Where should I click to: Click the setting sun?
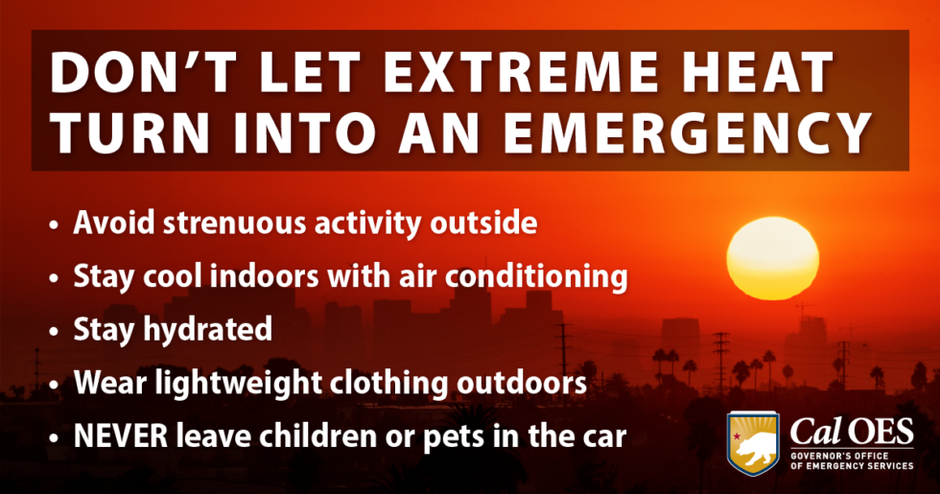pyautogui.click(x=773, y=258)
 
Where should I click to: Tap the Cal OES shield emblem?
pyautogui.click(x=753, y=443)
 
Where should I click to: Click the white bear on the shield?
pyautogui.click(x=754, y=451)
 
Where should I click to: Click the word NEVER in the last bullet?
pyautogui.click(x=121, y=436)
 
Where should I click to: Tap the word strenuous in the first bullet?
pyautogui.click(x=234, y=223)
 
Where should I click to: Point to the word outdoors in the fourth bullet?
pyautogui.click(x=522, y=383)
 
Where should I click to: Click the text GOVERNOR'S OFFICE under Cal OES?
pyautogui.click(x=839, y=457)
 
